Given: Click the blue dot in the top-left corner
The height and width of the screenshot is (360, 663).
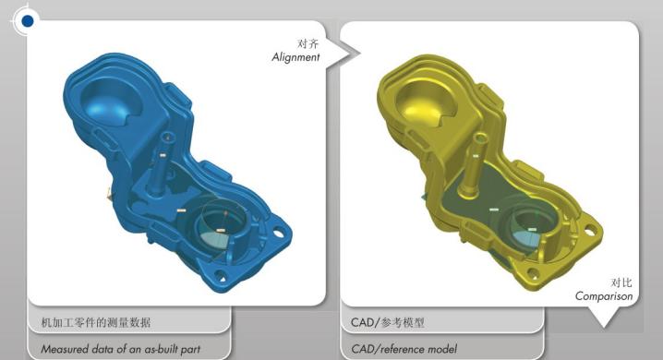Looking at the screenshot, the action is [28, 20].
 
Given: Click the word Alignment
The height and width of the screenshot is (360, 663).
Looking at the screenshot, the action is [295, 57].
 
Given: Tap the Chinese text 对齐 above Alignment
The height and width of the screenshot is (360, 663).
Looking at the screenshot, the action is [307, 43].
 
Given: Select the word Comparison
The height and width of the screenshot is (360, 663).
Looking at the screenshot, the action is [604, 296].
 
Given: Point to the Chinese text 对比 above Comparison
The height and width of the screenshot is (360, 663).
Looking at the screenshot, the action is [621, 282].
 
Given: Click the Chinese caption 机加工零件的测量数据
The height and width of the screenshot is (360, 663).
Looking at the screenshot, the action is [96, 322].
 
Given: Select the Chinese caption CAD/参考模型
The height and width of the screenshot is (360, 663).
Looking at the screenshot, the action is [388, 322].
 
